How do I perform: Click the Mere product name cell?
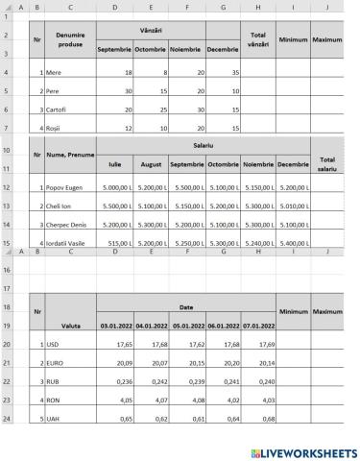pos(54,72)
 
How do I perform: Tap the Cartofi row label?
pos(57,109)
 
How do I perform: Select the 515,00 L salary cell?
pos(114,244)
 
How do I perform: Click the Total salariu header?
pos(326,163)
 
